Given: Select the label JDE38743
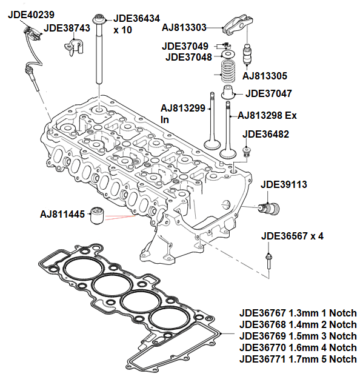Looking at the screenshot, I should [68, 27].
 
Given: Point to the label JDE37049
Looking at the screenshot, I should [185, 47].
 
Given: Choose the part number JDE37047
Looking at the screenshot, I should [269, 94].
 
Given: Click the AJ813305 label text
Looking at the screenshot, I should [264, 76].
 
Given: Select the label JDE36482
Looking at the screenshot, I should [265, 134].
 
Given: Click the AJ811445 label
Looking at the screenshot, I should [62, 214].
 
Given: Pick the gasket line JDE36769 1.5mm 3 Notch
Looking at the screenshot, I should [298, 336].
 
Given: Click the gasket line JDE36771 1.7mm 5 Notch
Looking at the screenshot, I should [298, 359].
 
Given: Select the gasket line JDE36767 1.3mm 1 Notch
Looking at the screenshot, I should [298, 313].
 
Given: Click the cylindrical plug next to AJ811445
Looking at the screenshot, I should [98, 216].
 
